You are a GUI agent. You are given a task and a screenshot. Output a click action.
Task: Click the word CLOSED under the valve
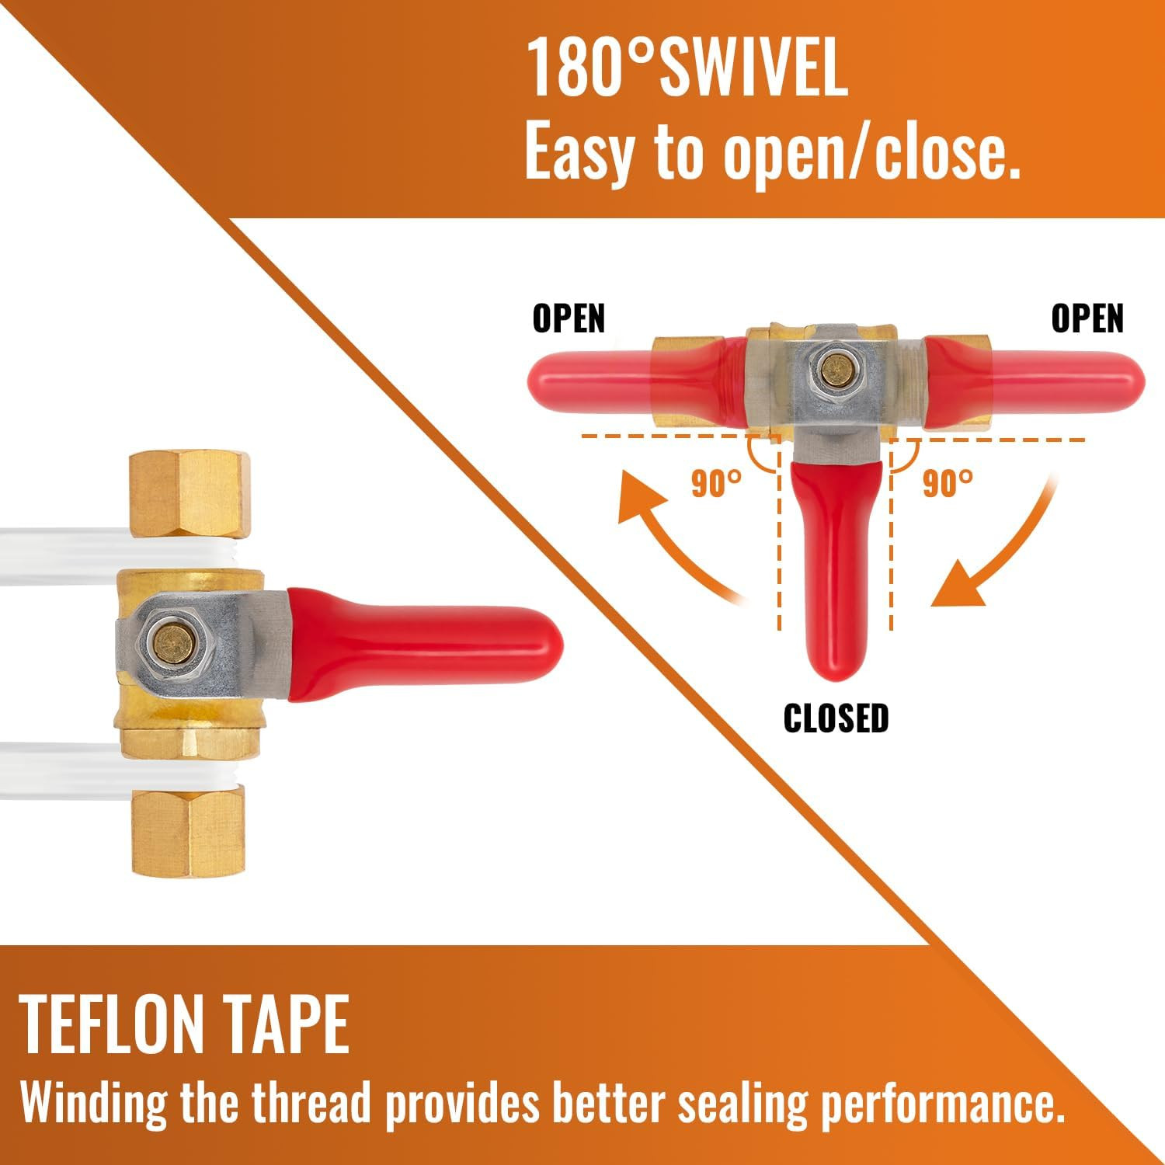[836, 718]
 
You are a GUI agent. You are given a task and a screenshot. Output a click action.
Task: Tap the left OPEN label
[569, 318]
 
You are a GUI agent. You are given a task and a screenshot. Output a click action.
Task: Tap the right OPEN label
[1087, 318]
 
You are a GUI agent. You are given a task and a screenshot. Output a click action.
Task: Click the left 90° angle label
[716, 483]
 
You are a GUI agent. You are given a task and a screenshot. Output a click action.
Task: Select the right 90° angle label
[948, 483]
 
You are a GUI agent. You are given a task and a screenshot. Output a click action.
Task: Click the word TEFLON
[109, 1024]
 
